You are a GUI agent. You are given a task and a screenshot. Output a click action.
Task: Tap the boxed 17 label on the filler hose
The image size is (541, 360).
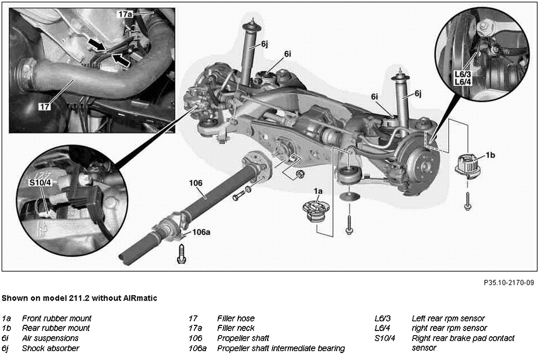pyautogui.click(x=45, y=106)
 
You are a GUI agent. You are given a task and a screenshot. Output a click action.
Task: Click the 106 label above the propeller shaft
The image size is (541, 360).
pyautogui.click(x=196, y=183)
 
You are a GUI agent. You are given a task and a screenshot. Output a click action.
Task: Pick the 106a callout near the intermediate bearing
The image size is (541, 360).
pyautogui.click(x=201, y=232)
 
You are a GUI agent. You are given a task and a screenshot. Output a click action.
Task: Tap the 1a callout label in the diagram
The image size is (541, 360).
pyautogui.click(x=318, y=191)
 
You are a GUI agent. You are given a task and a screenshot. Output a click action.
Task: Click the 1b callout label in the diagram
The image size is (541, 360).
pyautogui.click(x=490, y=155)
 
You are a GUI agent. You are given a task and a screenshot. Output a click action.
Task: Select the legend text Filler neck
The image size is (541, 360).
pyautogui.click(x=236, y=328)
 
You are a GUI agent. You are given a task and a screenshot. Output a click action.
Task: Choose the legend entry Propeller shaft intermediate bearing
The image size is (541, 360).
pyautogui.click(x=281, y=348)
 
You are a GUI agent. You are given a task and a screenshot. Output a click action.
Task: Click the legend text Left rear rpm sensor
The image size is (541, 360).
pyautogui.click(x=448, y=319)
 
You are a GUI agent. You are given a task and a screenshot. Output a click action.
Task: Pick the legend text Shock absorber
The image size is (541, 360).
pyautogui.click(x=51, y=348)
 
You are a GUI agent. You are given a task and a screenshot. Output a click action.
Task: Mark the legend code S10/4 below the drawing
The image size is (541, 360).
pyautogui.click(x=385, y=338)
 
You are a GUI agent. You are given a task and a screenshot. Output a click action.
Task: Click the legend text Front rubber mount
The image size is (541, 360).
pyautogui.click(x=57, y=319)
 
